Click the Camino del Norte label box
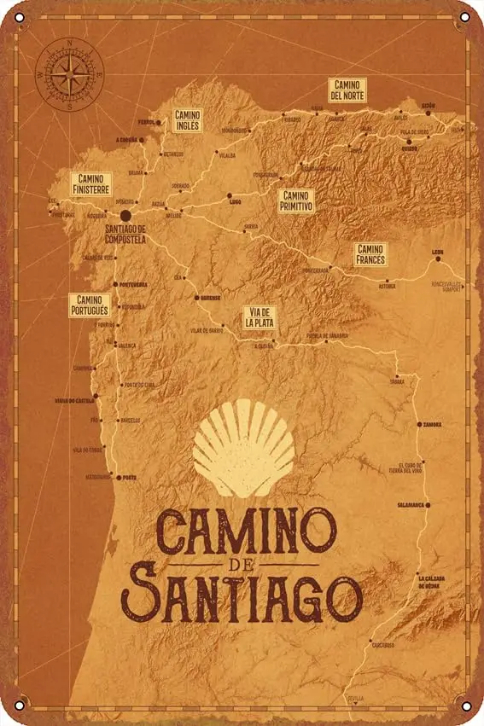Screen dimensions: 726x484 coord(347,89)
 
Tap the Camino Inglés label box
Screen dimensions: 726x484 coord(187,119)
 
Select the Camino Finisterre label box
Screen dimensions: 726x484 coord(90,183)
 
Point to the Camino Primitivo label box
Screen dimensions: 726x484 coord(296,200)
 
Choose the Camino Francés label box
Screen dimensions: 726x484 coord(371,253)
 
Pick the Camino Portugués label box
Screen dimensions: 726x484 coord(89,305)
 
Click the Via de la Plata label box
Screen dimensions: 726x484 coord(259,317)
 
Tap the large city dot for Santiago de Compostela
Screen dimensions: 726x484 coord(125,216)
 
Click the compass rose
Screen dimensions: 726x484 coord(68,75)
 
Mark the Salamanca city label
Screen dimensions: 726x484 coord(410,505)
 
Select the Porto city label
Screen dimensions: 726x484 coord(128,478)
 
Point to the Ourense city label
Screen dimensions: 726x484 coord(210,298)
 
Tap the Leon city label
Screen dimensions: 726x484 coord(437,252)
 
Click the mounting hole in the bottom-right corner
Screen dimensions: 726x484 coord(464,706)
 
